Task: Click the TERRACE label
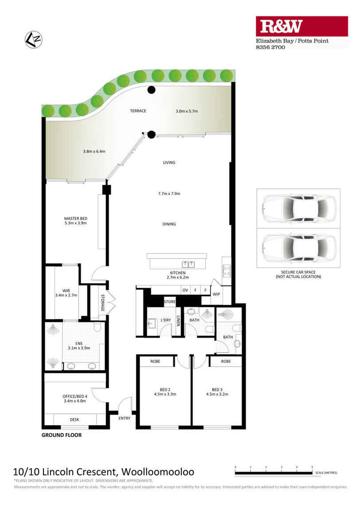click(138, 111)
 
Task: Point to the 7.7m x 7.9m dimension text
click(169, 193)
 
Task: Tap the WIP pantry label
click(216, 294)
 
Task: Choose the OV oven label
click(185, 290)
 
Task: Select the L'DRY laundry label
click(166, 320)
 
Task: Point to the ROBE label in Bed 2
click(155, 361)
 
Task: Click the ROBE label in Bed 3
click(226, 361)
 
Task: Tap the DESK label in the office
click(74, 419)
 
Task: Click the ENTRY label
click(125, 418)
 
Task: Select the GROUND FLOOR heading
click(61, 435)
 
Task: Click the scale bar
click(274, 473)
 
